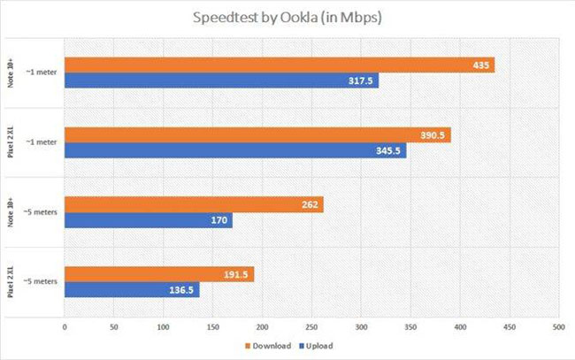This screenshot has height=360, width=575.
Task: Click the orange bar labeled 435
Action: point(279,65)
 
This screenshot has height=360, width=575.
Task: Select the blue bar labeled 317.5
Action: point(221,81)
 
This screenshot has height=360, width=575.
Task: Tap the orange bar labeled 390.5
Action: point(257,135)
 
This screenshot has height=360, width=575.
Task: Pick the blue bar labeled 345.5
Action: point(234,151)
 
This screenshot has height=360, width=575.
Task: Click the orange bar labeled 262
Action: point(193,204)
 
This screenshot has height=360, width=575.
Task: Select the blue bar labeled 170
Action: point(148,221)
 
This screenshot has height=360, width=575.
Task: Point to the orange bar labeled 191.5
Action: point(158,274)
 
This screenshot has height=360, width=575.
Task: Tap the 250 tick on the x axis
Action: point(310,326)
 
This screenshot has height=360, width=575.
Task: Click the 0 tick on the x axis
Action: point(65,326)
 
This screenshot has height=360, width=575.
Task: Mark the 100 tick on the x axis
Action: point(163,326)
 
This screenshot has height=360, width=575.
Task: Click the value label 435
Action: point(479,65)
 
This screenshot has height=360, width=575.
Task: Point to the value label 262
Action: point(310,204)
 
